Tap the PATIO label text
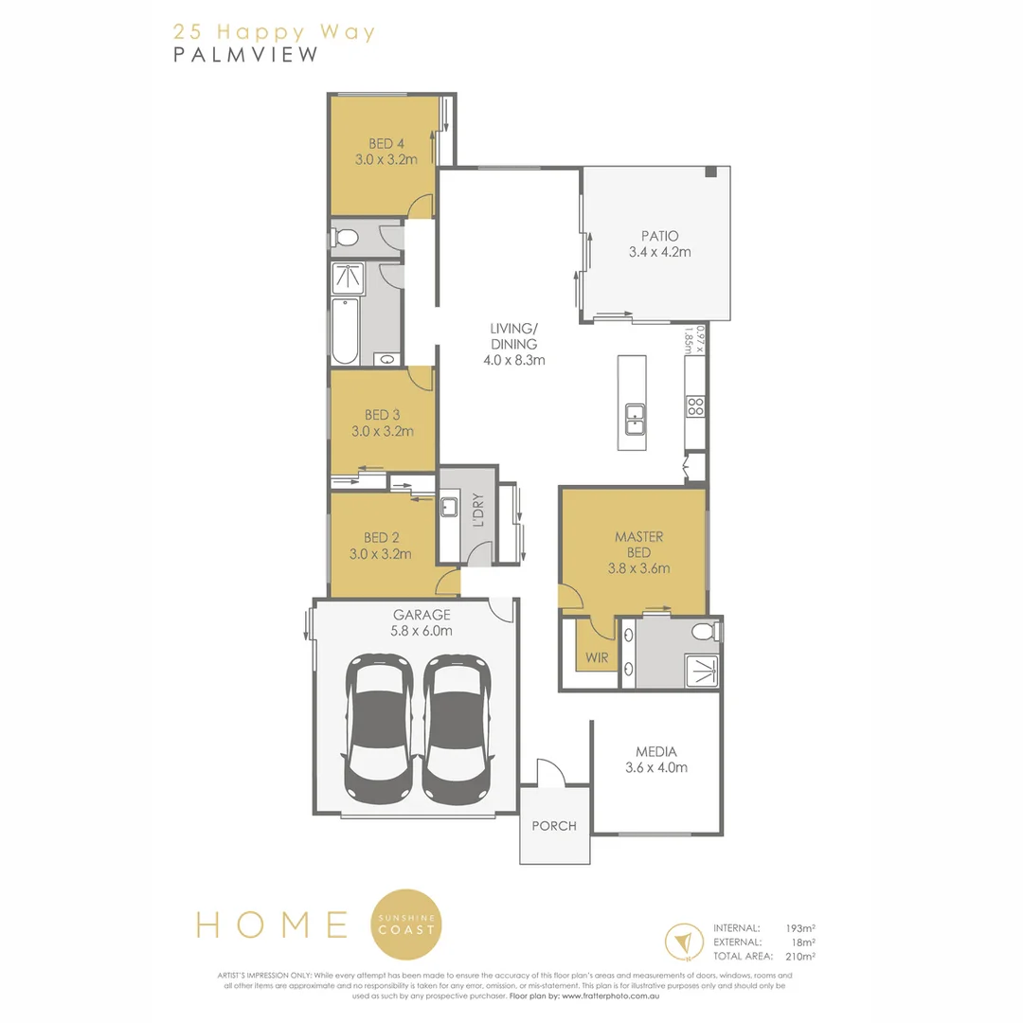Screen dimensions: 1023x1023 pos(659,236)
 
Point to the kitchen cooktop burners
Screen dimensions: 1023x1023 pos(694,406)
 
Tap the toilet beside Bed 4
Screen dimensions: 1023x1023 pos(348,237)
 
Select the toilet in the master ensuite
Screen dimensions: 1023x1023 pos(703,632)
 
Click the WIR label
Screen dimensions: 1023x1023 pos(596,657)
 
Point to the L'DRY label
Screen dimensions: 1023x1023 pos(478,511)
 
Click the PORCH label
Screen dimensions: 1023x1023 pos(554,826)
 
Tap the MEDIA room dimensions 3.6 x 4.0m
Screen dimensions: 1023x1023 pos(656,767)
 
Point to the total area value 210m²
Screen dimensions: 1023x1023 pos(802,957)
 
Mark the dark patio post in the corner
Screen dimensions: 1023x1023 pos(710,171)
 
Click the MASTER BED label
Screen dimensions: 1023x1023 pos(638,544)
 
